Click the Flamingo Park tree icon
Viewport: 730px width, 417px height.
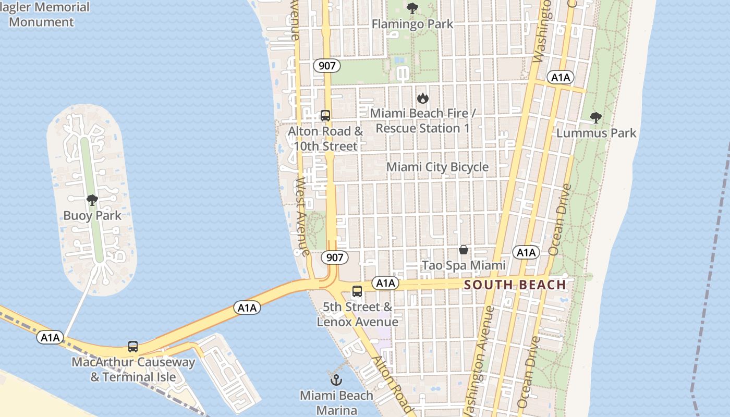click(x=412, y=8)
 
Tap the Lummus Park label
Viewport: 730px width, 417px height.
click(x=596, y=133)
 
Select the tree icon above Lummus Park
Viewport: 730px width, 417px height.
click(x=595, y=118)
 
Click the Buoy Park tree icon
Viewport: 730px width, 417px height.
click(x=92, y=200)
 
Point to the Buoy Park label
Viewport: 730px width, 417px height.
click(x=92, y=216)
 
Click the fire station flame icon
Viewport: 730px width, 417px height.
click(x=422, y=98)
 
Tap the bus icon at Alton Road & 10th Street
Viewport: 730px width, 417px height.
click(x=325, y=116)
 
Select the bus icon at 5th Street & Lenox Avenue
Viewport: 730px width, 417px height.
click(x=357, y=291)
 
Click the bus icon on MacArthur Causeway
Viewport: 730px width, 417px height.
click(x=133, y=347)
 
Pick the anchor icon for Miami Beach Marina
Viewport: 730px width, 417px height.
click(x=336, y=379)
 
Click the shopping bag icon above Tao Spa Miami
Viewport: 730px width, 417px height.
click(x=463, y=250)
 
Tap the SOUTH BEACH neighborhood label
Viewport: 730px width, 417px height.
click(x=515, y=285)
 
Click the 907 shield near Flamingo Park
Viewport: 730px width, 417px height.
click(x=327, y=66)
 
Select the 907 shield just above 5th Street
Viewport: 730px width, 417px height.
click(x=334, y=257)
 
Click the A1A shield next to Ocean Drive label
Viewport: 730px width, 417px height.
click(x=526, y=253)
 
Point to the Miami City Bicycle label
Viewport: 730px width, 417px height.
click(x=437, y=167)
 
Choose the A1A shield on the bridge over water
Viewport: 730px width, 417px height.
click(x=247, y=308)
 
